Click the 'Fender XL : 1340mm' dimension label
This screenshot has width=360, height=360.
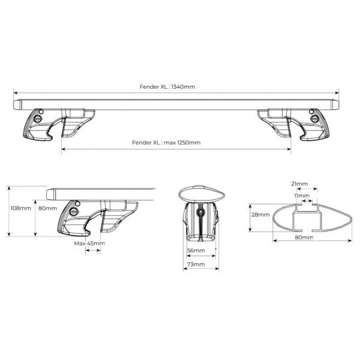tap(167, 87)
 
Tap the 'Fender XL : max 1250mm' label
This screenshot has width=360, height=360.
tap(166, 143)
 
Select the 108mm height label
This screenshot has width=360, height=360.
tap(20, 208)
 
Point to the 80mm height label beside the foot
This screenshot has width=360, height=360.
tap(47, 208)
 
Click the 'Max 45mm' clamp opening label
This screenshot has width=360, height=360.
tap(89, 244)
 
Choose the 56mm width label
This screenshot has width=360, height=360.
tap(196, 250)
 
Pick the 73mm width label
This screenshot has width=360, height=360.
tap(196, 264)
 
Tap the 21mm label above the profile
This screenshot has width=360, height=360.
tap(299, 184)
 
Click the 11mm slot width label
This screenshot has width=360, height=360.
tap(302, 196)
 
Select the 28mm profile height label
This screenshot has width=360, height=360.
tap(260, 215)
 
